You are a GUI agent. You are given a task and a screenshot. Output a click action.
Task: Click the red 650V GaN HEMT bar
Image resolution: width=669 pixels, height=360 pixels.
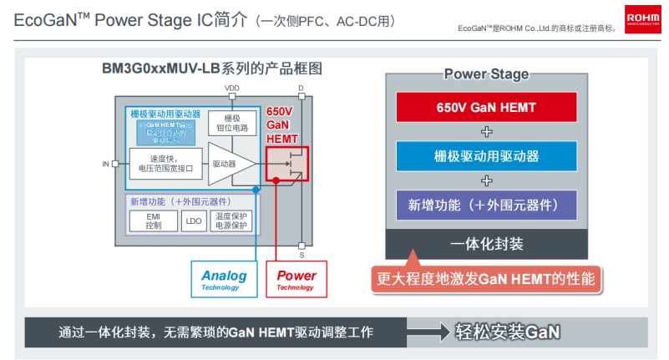coord(487,107)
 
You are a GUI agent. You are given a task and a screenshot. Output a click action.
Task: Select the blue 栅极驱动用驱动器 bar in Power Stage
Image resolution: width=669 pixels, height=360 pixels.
coord(487,156)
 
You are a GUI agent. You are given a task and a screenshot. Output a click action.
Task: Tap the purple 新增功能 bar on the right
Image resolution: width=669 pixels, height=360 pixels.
coord(487,205)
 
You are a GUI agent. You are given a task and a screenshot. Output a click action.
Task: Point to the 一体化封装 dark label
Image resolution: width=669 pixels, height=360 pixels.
coord(487,243)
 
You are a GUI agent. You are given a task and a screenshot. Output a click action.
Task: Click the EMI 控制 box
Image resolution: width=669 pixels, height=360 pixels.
coord(153,221)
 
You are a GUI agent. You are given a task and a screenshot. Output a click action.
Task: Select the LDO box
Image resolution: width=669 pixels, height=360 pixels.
coord(195,221)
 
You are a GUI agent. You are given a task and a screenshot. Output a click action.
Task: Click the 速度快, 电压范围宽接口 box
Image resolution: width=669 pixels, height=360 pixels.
coord(165,163)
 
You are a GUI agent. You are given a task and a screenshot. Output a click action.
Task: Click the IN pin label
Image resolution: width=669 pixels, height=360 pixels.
coord(105,164)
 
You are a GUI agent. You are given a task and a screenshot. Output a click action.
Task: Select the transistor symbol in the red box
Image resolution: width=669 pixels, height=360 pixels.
coord(286,165)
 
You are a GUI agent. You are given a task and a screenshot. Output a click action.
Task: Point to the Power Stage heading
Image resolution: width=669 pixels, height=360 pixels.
coord(486,74)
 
